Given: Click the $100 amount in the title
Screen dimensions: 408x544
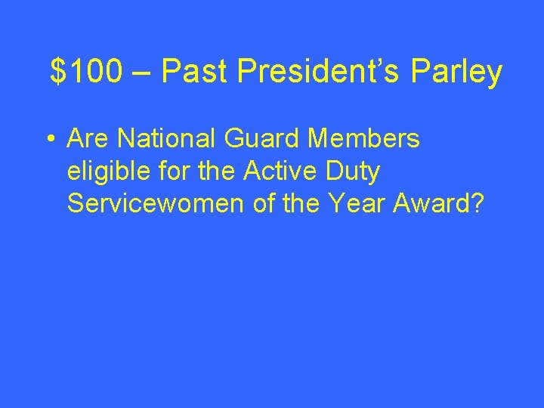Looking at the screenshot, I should point(85,72).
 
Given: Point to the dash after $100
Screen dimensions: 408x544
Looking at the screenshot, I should point(141,73).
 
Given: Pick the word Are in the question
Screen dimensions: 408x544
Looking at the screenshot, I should point(88,139).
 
